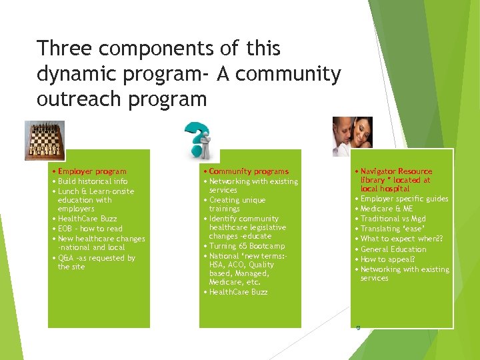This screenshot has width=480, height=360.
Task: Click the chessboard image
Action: point(45,140)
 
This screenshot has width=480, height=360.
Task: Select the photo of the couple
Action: point(352,137)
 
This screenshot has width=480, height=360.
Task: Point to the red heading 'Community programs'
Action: point(249,171)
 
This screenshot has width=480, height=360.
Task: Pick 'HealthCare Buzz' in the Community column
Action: point(239,292)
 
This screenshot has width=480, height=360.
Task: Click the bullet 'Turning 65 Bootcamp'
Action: point(247,246)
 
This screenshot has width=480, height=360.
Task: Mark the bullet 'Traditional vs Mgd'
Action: point(393,219)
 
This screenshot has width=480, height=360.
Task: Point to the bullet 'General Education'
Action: point(393,249)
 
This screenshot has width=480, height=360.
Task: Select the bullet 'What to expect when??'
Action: point(401,239)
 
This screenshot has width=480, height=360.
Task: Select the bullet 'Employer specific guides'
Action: point(404,199)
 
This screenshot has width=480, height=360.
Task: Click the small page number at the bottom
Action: point(358,327)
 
